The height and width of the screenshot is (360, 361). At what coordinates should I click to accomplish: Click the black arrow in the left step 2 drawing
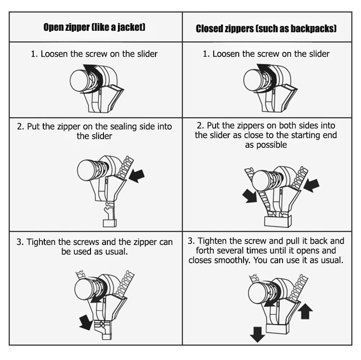[x=137, y=176]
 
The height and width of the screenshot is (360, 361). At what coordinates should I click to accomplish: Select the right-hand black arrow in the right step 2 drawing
[x=311, y=185]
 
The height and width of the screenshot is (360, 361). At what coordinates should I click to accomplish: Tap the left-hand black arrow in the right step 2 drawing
[x=249, y=196]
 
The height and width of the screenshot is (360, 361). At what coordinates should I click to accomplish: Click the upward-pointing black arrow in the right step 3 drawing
[x=305, y=311]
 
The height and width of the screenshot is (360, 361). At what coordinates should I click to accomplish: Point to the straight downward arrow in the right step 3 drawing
[x=258, y=334]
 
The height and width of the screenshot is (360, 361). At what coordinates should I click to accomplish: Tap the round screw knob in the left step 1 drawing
[x=79, y=81]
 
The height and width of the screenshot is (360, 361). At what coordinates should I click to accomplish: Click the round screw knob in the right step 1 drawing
[x=253, y=80]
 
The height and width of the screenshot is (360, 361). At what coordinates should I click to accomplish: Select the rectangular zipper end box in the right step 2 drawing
[x=278, y=221]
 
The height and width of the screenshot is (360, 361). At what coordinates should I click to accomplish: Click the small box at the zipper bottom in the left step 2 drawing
[x=110, y=223]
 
